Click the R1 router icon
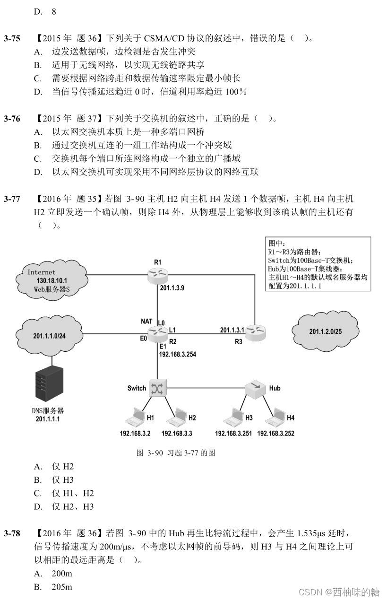pos(157,275)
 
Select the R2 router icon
pos(157,333)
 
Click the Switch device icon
pos(156,388)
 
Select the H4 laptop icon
pos(275,418)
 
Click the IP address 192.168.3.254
pos(177,353)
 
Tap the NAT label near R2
pos(146,322)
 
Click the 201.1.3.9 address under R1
pos(172,287)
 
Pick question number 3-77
pos(12,199)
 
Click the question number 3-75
pos(12,38)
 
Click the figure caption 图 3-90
pos(176,453)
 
